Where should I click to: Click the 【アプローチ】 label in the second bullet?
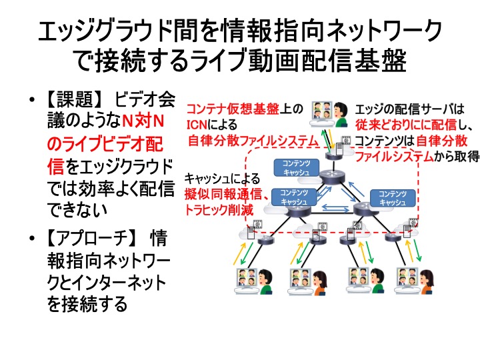click(x=91, y=238)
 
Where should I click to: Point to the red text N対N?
click(x=143, y=121)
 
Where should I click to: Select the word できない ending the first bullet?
click(x=77, y=210)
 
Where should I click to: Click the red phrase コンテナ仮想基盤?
click(x=233, y=109)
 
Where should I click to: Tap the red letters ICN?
click(x=197, y=125)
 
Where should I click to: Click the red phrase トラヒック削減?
click(x=219, y=210)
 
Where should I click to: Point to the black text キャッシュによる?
click(x=222, y=179)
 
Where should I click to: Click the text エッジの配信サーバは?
click(x=410, y=109)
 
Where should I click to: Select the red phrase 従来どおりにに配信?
click(x=406, y=125)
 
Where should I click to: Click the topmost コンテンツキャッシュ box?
click(x=296, y=168)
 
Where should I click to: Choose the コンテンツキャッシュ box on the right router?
click(x=393, y=198)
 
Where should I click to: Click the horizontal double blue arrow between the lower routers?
click(x=335, y=208)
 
